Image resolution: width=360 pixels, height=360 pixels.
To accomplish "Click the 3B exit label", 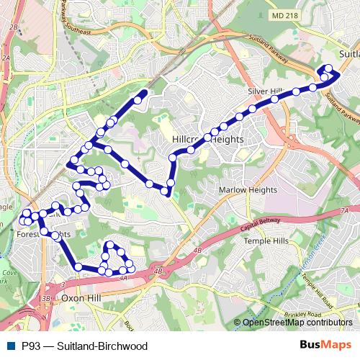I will [x=46, y=297].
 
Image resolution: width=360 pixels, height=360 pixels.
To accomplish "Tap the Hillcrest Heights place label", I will [x=207, y=138].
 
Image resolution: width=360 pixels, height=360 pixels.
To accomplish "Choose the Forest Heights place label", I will [x=43, y=234].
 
